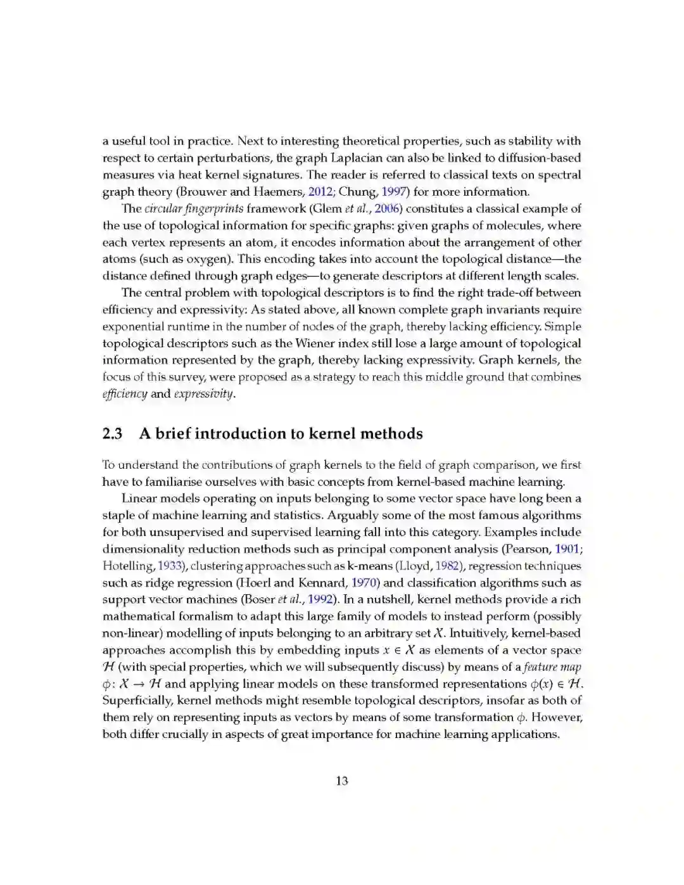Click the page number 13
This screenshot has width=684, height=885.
point(342,781)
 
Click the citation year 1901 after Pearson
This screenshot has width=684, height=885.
point(567,549)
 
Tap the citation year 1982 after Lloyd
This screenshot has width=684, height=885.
point(446,566)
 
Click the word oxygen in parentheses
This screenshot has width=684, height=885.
point(207,259)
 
